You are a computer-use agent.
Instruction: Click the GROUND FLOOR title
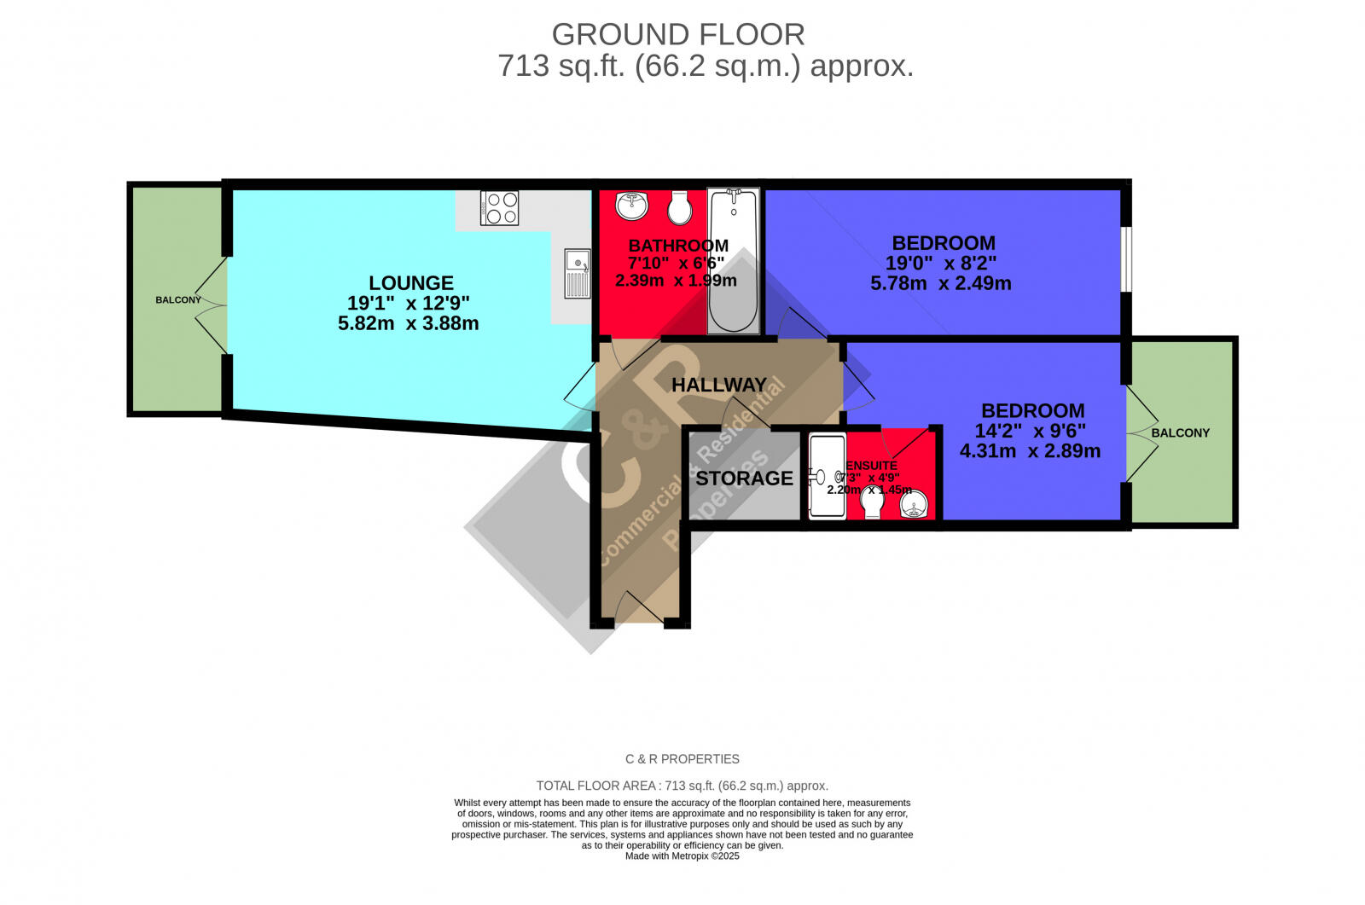click(678, 35)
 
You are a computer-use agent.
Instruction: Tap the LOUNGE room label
click(410, 283)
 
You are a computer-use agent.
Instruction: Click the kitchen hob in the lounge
click(499, 207)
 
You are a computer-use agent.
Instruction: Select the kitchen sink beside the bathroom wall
click(577, 272)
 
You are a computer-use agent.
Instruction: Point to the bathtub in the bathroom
click(733, 260)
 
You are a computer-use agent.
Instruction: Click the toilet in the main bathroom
click(680, 206)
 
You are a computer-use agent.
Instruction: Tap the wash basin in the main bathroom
click(631, 204)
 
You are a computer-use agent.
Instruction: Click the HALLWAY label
click(718, 385)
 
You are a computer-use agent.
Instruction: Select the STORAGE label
click(744, 479)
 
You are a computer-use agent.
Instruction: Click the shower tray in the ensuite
click(827, 476)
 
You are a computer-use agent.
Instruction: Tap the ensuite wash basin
click(914, 508)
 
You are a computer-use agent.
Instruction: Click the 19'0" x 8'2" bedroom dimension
click(940, 264)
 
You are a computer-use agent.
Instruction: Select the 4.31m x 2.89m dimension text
click(1030, 451)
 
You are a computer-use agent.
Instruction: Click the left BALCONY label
click(178, 300)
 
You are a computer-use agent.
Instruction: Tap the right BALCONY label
click(1180, 433)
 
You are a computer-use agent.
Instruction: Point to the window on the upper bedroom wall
click(1126, 259)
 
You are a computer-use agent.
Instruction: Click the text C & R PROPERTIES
click(682, 759)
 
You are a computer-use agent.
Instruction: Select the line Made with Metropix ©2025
click(682, 856)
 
